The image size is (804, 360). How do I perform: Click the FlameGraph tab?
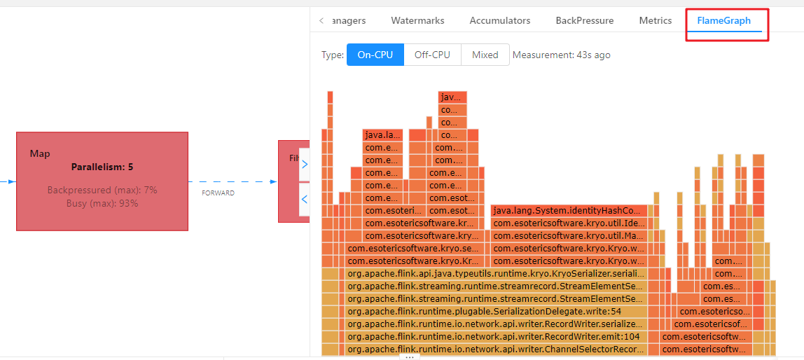tap(723, 21)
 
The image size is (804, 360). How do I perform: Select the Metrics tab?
tap(655, 21)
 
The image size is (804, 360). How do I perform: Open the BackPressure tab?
tap(584, 21)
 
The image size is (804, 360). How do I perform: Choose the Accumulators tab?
tap(499, 21)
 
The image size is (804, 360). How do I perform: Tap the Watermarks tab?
tap(417, 21)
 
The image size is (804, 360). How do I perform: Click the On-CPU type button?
tap(375, 55)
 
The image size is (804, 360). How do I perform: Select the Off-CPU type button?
tap(432, 55)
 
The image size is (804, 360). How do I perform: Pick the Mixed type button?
tap(485, 55)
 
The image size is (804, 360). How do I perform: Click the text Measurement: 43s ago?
tap(561, 55)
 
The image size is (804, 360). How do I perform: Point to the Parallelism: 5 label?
tap(102, 167)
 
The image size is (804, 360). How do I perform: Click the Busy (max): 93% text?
tap(102, 204)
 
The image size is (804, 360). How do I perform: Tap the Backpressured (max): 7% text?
tap(102, 191)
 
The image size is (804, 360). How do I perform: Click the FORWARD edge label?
tap(218, 193)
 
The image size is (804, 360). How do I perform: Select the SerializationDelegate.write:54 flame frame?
tap(484, 311)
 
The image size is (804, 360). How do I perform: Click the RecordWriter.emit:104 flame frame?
tap(494, 336)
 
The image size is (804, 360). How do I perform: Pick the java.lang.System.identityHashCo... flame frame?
tap(567, 210)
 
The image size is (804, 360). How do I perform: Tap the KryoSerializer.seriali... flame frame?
tap(495, 273)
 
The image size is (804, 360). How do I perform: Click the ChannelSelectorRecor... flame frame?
tap(495, 349)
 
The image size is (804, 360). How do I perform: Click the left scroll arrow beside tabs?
tap(321, 21)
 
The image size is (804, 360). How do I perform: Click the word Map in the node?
tap(40, 153)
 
